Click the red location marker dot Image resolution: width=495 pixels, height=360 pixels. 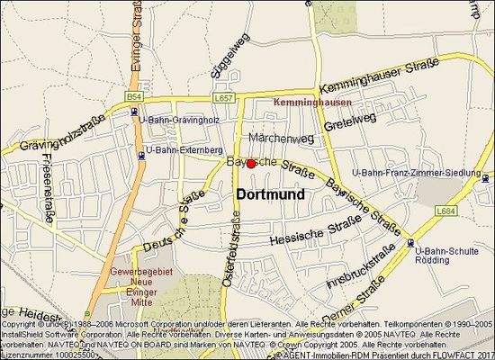coord(251,164)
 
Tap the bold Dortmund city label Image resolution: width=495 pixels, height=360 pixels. coord(270,193)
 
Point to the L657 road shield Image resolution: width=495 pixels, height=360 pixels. coord(224,96)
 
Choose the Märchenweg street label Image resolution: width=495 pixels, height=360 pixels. coord(281,139)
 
